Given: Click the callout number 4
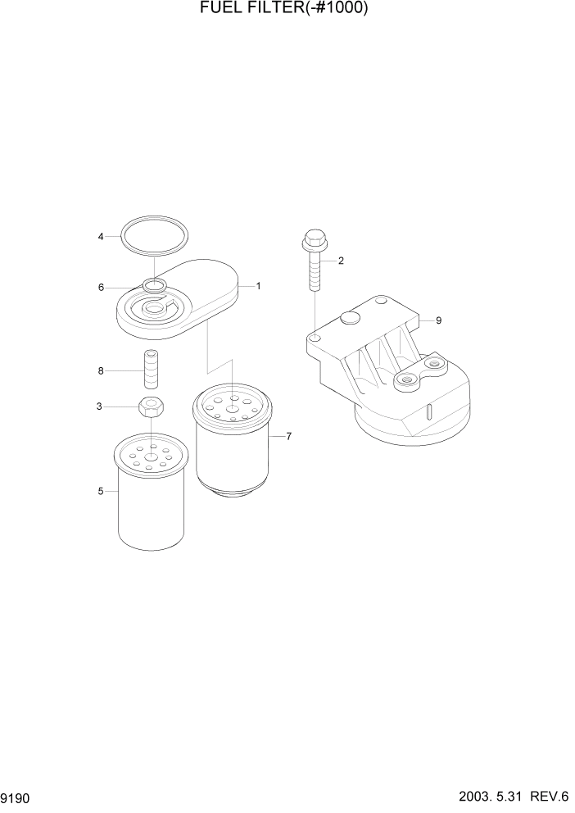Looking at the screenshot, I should coord(101,237).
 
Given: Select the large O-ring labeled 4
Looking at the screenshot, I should coord(154,222).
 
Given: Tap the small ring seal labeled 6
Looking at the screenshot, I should coord(153,285).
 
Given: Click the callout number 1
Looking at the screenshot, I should coord(258,286).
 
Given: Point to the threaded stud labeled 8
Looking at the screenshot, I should coord(150,370).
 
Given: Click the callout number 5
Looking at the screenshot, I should coord(101,491).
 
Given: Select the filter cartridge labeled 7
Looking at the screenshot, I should coord(233,447).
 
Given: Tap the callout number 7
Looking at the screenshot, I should coord(289,437).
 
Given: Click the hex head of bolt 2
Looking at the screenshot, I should coord(315,241).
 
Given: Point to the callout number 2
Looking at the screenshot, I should coord(341,261).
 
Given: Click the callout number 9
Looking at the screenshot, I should coord(438,320).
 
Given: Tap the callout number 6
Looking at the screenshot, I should coord(101,288).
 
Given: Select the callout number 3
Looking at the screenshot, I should coord(100,406).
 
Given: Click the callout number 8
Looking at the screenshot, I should coord(101,370).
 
